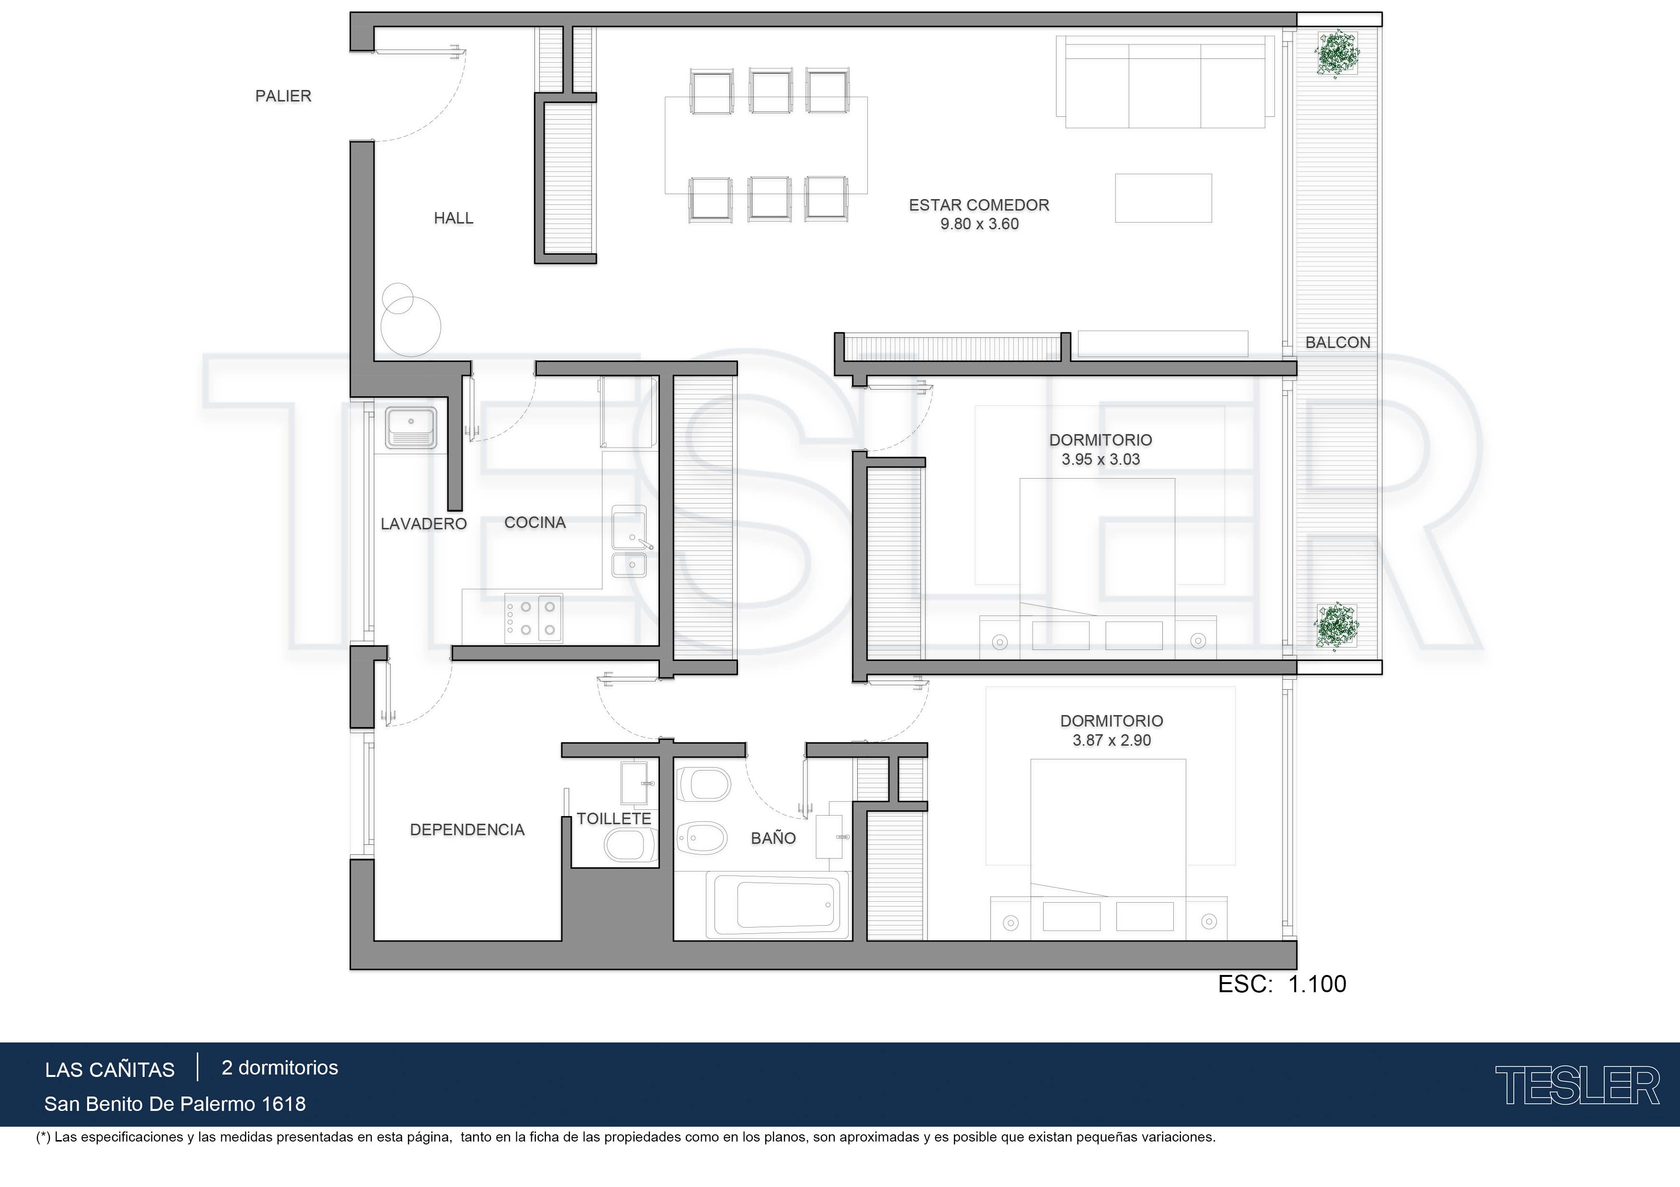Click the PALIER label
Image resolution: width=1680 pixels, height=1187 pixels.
click(x=283, y=96)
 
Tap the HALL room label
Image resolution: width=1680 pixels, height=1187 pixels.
click(x=454, y=218)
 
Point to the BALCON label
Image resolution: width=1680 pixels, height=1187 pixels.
click(x=1338, y=342)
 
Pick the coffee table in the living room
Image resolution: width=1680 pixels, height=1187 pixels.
click(x=1163, y=198)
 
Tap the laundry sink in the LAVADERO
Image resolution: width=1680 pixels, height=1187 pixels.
click(x=411, y=428)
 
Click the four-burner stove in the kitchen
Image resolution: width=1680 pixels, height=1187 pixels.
click(x=534, y=618)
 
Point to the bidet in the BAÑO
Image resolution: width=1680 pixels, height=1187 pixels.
click(x=703, y=838)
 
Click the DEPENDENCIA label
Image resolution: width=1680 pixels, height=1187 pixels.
click(x=467, y=830)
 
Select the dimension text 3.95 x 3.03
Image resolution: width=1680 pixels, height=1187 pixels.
click(x=1101, y=459)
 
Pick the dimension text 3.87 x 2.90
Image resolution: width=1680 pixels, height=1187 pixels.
click(x=1112, y=740)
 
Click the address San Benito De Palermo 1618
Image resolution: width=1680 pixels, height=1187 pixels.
click(x=175, y=1104)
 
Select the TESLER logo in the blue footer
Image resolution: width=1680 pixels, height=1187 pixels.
click(x=1577, y=1086)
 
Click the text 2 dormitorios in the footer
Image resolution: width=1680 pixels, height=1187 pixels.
click(x=280, y=1068)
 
